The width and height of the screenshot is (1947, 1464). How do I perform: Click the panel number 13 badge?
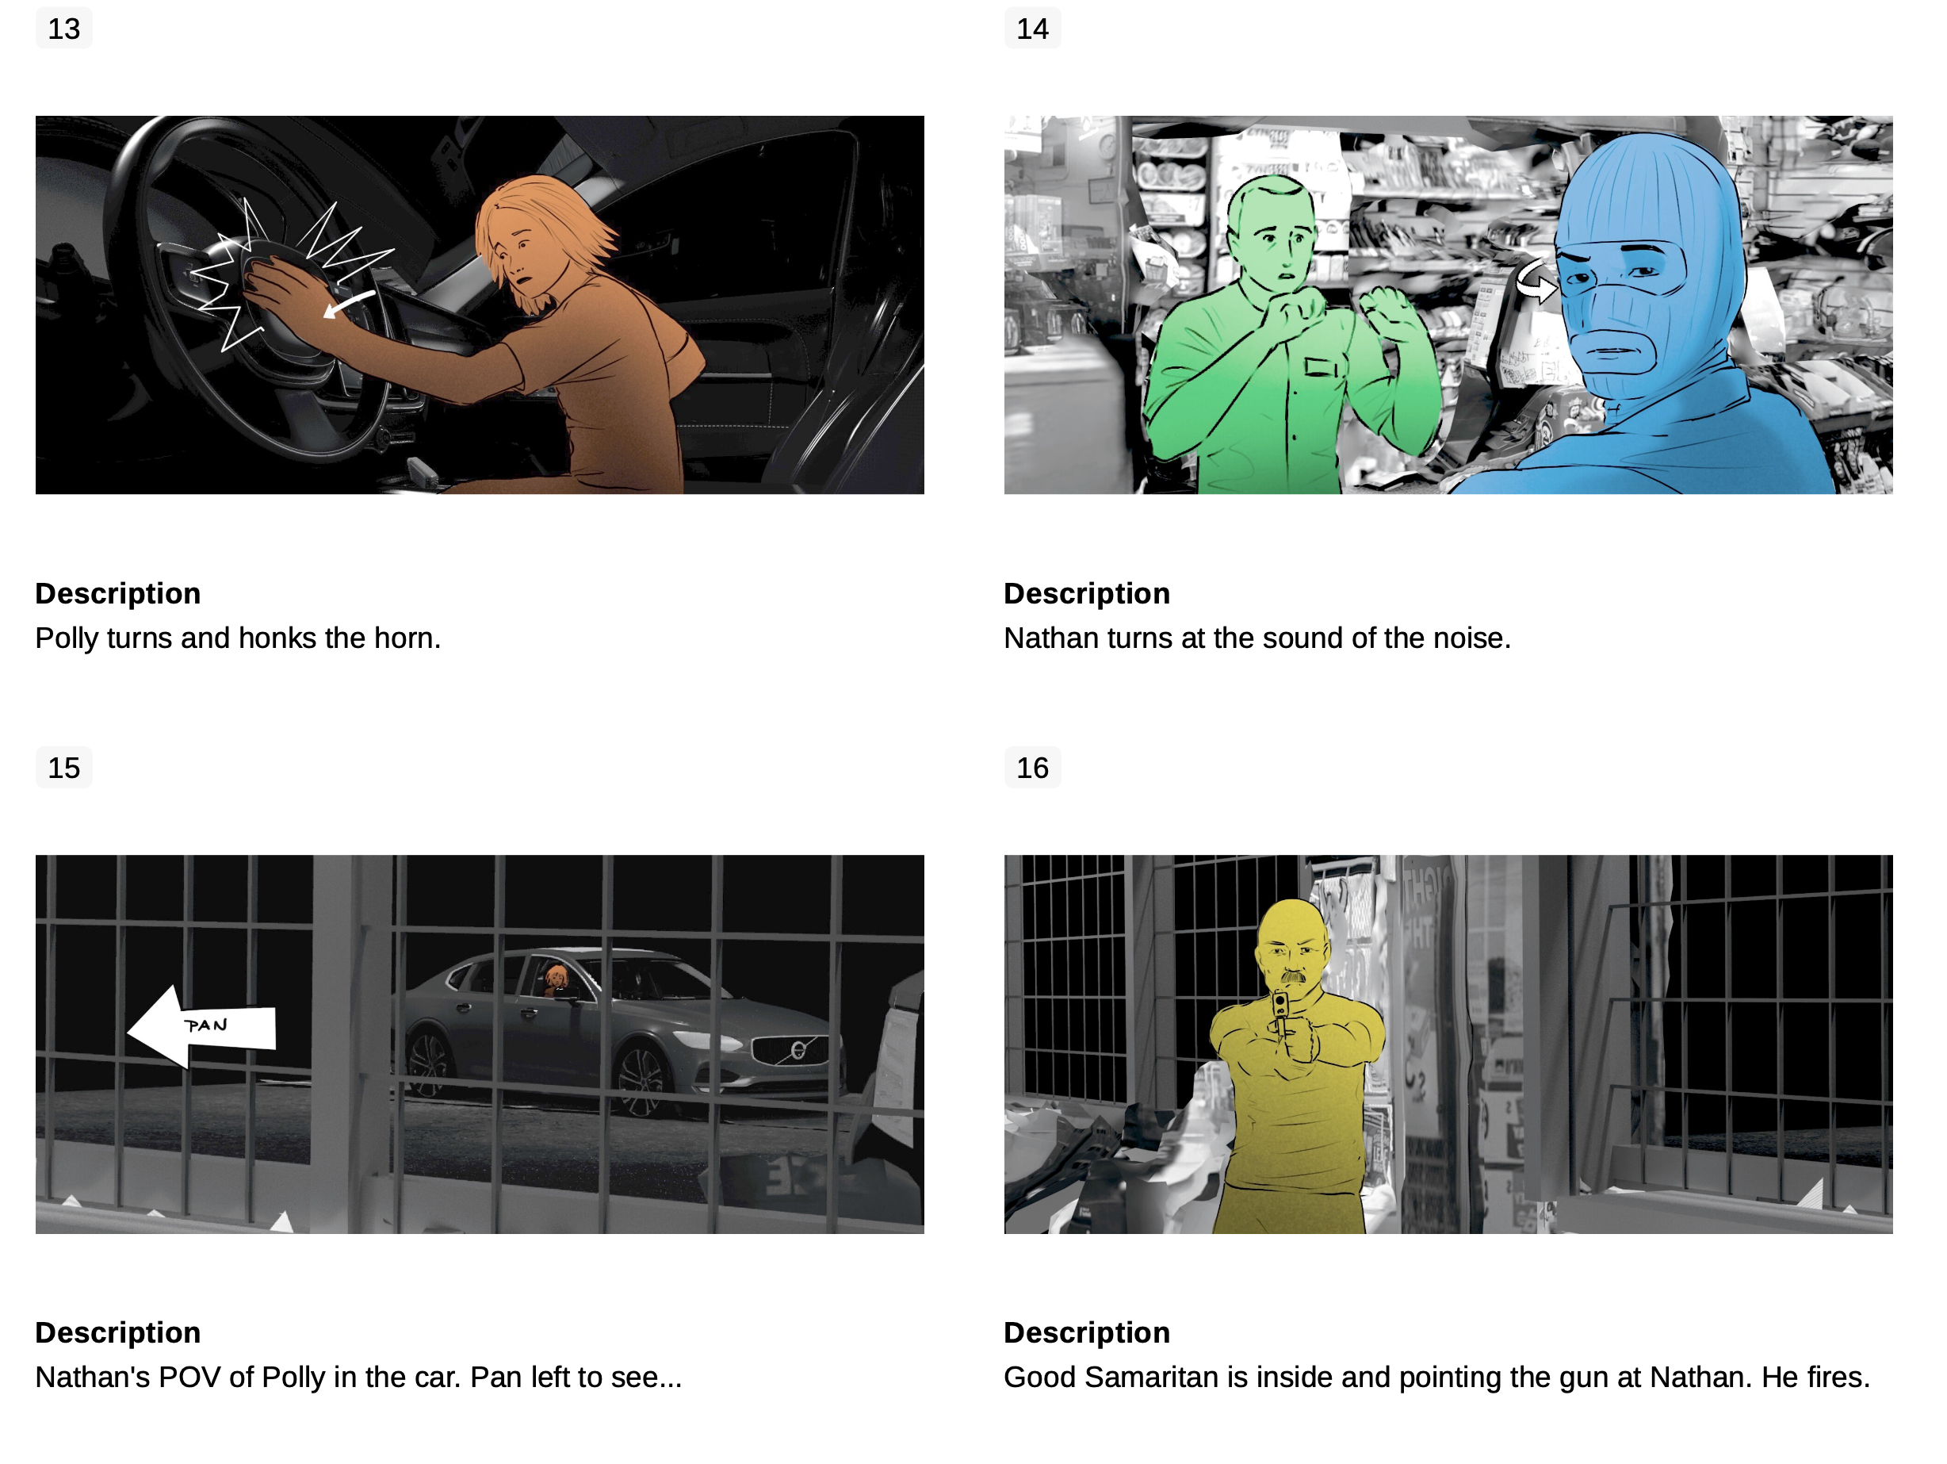coord(64,29)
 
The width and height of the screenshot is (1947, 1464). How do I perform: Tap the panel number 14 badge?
coord(1032,29)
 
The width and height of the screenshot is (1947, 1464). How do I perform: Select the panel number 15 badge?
coord(64,768)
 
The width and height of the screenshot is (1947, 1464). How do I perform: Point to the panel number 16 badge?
coord(1032,768)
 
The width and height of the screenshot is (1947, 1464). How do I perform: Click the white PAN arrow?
coord(202,1026)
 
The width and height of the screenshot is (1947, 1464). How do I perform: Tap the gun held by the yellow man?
coord(1280,1013)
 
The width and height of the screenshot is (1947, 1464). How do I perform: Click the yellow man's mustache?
coord(1291,976)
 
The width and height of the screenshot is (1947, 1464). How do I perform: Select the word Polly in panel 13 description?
coord(67,638)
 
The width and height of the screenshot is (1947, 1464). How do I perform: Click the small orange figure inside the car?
coord(556,979)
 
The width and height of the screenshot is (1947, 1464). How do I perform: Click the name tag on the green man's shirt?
coord(1320,367)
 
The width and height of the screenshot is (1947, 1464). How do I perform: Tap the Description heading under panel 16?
coord(1087,1333)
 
